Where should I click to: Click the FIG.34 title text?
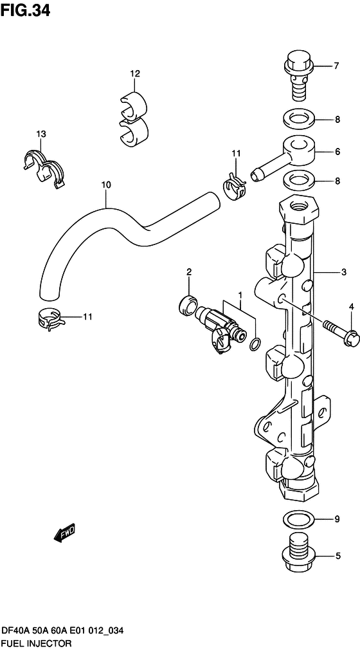tap(25, 10)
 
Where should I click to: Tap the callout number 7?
tap(336, 66)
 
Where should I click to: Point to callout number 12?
tap(135, 74)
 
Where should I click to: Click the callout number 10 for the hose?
tap(106, 185)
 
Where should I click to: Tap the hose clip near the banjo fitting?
tap(235, 185)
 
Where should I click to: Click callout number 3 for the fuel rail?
tap(343, 272)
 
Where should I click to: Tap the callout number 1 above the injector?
tap(240, 295)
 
